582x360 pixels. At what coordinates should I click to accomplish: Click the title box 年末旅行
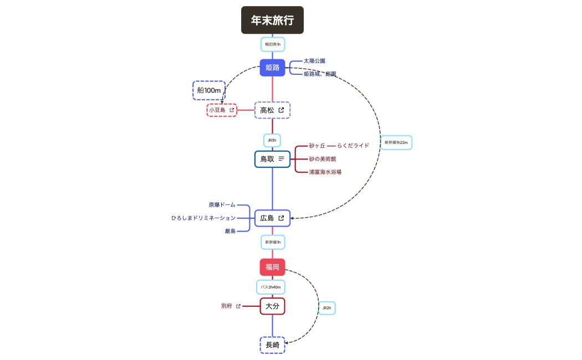click(x=272, y=20)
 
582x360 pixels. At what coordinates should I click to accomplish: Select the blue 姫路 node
click(x=272, y=68)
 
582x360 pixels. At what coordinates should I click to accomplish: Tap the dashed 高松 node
click(x=272, y=110)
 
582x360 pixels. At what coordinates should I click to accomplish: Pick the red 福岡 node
click(x=272, y=267)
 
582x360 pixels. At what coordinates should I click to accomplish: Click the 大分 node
click(x=272, y=306)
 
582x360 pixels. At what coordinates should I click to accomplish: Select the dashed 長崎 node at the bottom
click(x=272, y=345)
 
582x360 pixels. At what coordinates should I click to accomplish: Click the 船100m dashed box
click(x=209, y=90)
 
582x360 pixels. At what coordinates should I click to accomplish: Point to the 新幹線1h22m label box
click(x=396, y=142)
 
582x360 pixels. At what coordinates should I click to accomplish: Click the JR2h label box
click(x=326, y=308)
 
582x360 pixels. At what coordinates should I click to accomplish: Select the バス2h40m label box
click(x=270, y=287)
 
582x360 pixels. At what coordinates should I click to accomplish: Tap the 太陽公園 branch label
click(x=314, y=61)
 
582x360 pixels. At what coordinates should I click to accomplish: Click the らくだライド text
click(x=353, y=146)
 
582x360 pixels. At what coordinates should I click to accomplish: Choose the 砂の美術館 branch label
click(x=323, y=159)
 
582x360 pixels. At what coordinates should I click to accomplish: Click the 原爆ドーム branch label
click(x=222, y=205)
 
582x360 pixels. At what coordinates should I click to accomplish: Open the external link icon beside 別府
click(x=238, y=306)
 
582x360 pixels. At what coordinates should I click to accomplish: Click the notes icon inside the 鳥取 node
click(x=282, y=159)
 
